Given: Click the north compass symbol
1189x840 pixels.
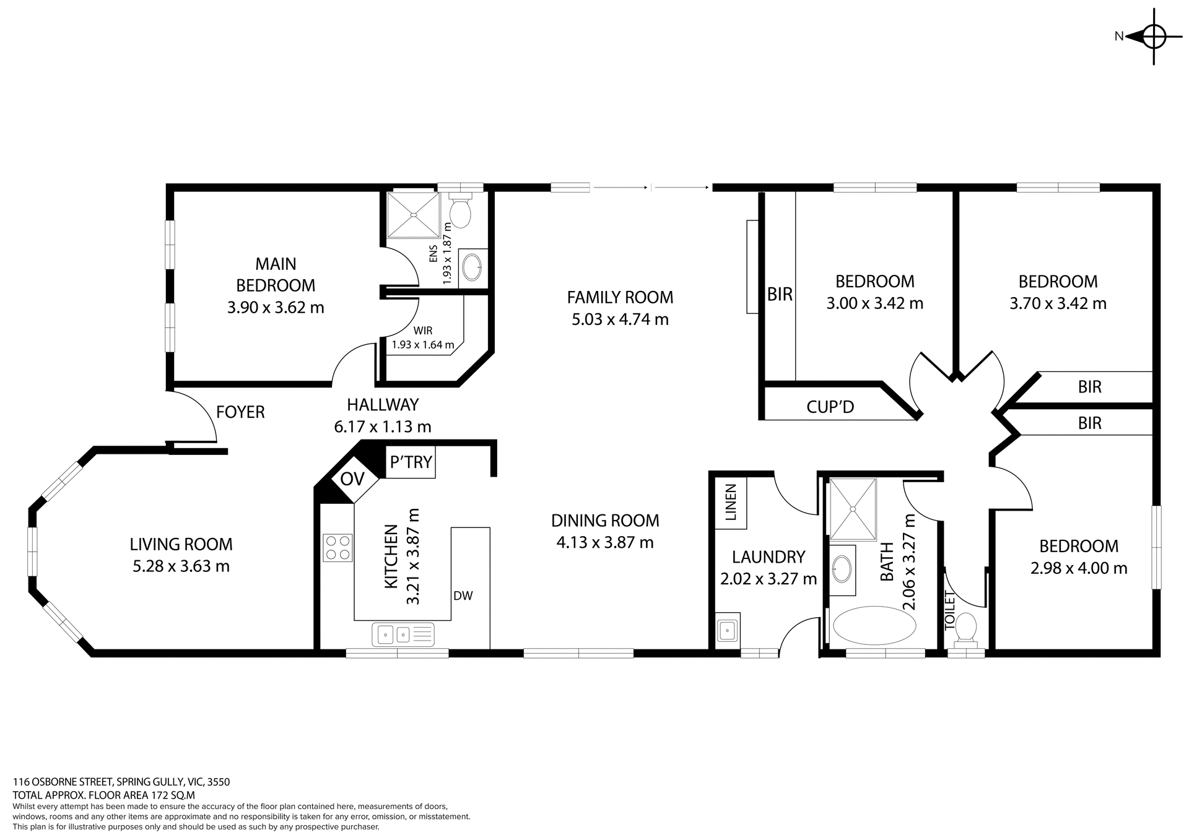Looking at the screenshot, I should (1153, 37).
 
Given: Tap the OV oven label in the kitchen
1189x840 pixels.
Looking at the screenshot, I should (352, 478).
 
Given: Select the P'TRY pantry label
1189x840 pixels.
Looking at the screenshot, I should (411, 462).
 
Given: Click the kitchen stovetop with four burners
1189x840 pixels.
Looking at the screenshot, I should (338, 548).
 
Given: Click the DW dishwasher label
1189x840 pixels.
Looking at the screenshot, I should (463, 596).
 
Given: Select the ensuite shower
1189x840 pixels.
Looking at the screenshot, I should (412, 215).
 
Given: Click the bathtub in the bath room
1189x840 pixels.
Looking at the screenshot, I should (874, 626).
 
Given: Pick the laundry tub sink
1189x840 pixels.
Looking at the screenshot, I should (727, 631).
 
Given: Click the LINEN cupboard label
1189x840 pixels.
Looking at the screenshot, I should (731, 502).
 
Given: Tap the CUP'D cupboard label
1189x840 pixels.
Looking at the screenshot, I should (830, 407).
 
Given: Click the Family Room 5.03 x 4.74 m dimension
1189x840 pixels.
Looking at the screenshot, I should (620, 319).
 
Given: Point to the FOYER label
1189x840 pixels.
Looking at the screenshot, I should (240, 412).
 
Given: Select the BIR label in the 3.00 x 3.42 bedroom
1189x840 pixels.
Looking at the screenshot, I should (780, 295).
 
